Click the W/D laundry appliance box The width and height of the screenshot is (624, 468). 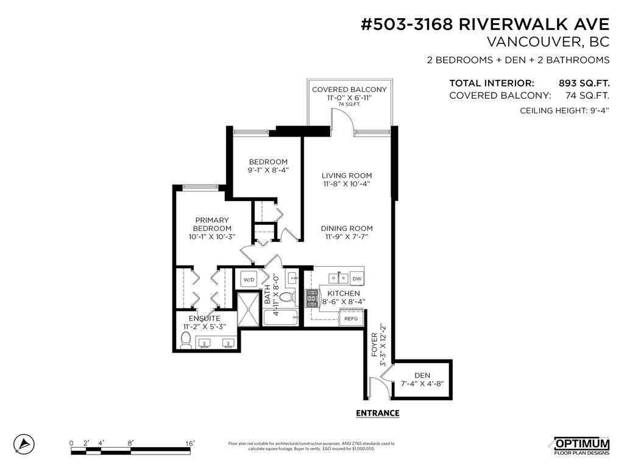click(249, 280)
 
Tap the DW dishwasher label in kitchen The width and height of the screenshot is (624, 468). click(356, 278)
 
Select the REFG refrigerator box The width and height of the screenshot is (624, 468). click(351, 318)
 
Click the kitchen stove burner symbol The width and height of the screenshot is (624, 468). click(311, 297)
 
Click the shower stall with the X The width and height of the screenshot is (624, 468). click(248, 308)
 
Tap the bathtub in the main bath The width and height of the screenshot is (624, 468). click(280, 317)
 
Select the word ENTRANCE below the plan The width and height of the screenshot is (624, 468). click(377, 413)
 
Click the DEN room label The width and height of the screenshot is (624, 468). click(422, 375)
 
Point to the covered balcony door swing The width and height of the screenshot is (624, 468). click(342, 119)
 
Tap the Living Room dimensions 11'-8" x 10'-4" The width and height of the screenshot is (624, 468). click(346, 183)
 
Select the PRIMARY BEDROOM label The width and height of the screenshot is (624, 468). click(211, 224)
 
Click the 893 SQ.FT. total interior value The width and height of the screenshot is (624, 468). click(584, 83)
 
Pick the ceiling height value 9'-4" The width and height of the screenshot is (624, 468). click(597, 110)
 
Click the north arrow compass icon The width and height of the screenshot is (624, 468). click(24, 443)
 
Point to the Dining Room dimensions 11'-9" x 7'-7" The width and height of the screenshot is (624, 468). click(346, 236)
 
